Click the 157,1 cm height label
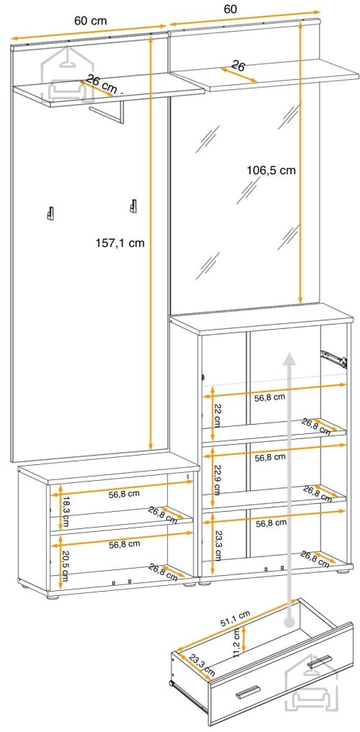tap(120, 243)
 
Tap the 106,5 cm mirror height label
tap(271, 171)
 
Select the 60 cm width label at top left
tap(91, 21)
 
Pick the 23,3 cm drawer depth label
tap(202, 664)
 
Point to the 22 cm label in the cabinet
tap(217, 415)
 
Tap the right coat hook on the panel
tap(133, 206)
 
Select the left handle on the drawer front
tap(248, 692)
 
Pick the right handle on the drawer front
tap(320, 661)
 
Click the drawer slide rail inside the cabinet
tap(333, 358)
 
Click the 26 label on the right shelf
tap(238, 66)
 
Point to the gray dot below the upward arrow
tap(290, 622)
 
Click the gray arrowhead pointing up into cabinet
tap(290, 358)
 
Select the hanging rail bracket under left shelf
tap(108, 112)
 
